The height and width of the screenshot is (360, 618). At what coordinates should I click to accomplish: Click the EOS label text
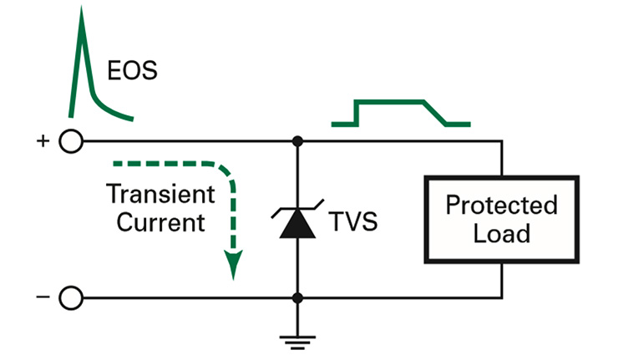(132, 70)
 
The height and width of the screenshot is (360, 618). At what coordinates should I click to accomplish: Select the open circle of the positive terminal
(72, 141)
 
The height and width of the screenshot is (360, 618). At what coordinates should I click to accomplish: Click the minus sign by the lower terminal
(42, 297)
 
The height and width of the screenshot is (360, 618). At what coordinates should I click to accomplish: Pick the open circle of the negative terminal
(72, 297)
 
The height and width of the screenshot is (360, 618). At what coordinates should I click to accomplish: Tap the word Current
(160, 223)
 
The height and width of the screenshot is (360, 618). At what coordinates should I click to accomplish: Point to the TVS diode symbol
(297, 224)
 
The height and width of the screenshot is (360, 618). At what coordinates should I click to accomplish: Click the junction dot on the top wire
(297, 141)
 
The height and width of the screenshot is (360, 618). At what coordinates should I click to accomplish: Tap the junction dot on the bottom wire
(297, 297)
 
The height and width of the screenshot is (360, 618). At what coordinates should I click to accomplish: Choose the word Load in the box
(501, 232)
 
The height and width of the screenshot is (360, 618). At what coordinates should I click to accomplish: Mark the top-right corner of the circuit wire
(502, 141)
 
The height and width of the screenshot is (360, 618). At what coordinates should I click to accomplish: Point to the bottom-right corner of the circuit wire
(502, 297)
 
